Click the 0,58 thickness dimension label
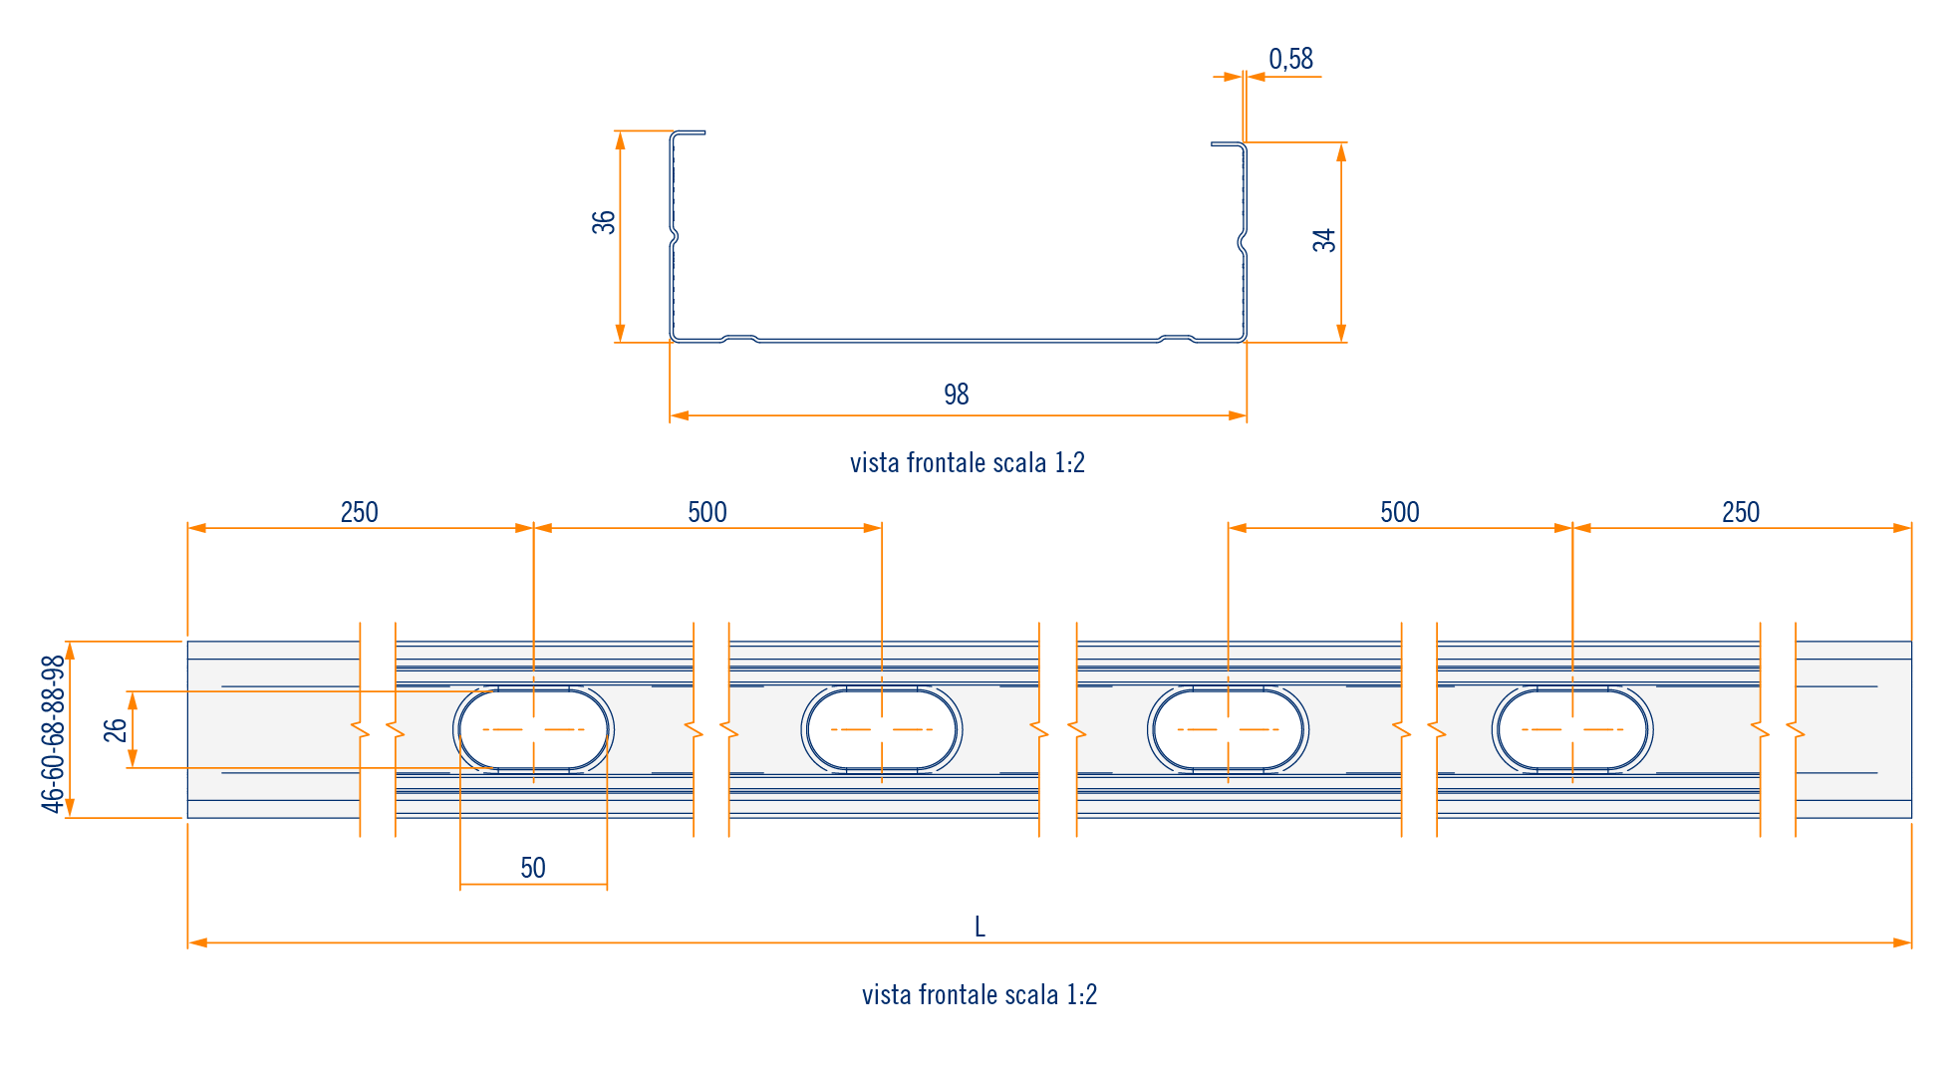(x=1290, y=60)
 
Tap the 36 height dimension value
(x=604, y=222)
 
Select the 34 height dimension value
(x=1324, y=240)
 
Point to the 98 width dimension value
(x=957, y=395)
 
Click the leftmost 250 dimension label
(x=359, y=512)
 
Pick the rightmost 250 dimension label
(x=1741, y=512)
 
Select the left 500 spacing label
(x=707, y=512)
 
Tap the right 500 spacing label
(x=1400, y=512)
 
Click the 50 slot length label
(x=533, y=868)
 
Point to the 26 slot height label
(x=116, y=730)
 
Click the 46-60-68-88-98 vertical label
(x=53, y=733)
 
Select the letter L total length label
(x=980, y=928)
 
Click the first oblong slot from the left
(x=534, y=729)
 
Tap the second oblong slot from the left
(x=882, y=729)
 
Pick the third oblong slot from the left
(x=1228, y=729)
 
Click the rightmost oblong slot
(x=1572, y=729)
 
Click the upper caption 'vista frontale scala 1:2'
(x=967, y=463)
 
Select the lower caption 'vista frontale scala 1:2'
(x=980, y=994)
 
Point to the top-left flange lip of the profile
(x=689, y=133)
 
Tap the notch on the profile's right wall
(x=1243, y=240)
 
